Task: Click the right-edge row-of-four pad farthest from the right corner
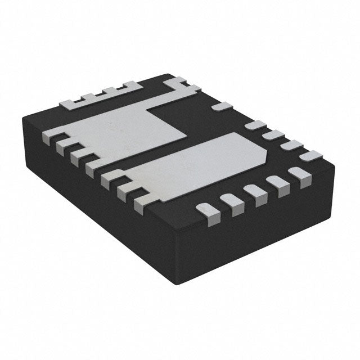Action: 256,125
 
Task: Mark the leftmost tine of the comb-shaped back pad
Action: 67,103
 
